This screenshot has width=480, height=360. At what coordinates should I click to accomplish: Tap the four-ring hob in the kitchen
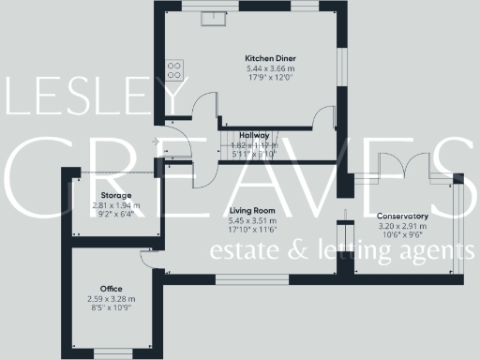pyautogui.click(x=174, y=68)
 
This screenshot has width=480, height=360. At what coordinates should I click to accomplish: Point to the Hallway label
pyautogui.click(x=255, y=135)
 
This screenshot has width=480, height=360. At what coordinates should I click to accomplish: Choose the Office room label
pyautogui.click(x=112, y=288)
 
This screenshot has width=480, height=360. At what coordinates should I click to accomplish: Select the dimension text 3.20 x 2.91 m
pyautogui.click(x=401, y=227)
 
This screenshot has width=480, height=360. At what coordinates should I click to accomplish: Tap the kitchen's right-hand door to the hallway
pyautogui.click(x=323, y=117)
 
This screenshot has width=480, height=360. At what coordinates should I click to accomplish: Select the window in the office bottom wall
pyautogui.click(x=112, y=353)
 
